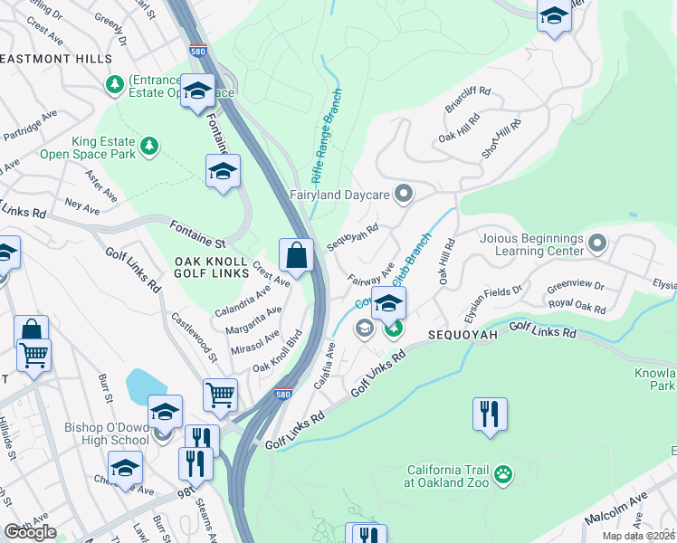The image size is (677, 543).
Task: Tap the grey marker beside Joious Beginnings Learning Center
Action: [596, 243]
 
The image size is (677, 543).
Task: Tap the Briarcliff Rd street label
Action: [467, 100]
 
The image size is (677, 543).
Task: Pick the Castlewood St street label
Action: [194, 336]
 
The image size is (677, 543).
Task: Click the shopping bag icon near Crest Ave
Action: [296, 256]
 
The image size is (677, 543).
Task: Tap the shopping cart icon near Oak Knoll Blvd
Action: [220, 395]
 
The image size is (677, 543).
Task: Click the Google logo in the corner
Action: [30, 532]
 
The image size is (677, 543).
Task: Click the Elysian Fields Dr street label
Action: [493, 299]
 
